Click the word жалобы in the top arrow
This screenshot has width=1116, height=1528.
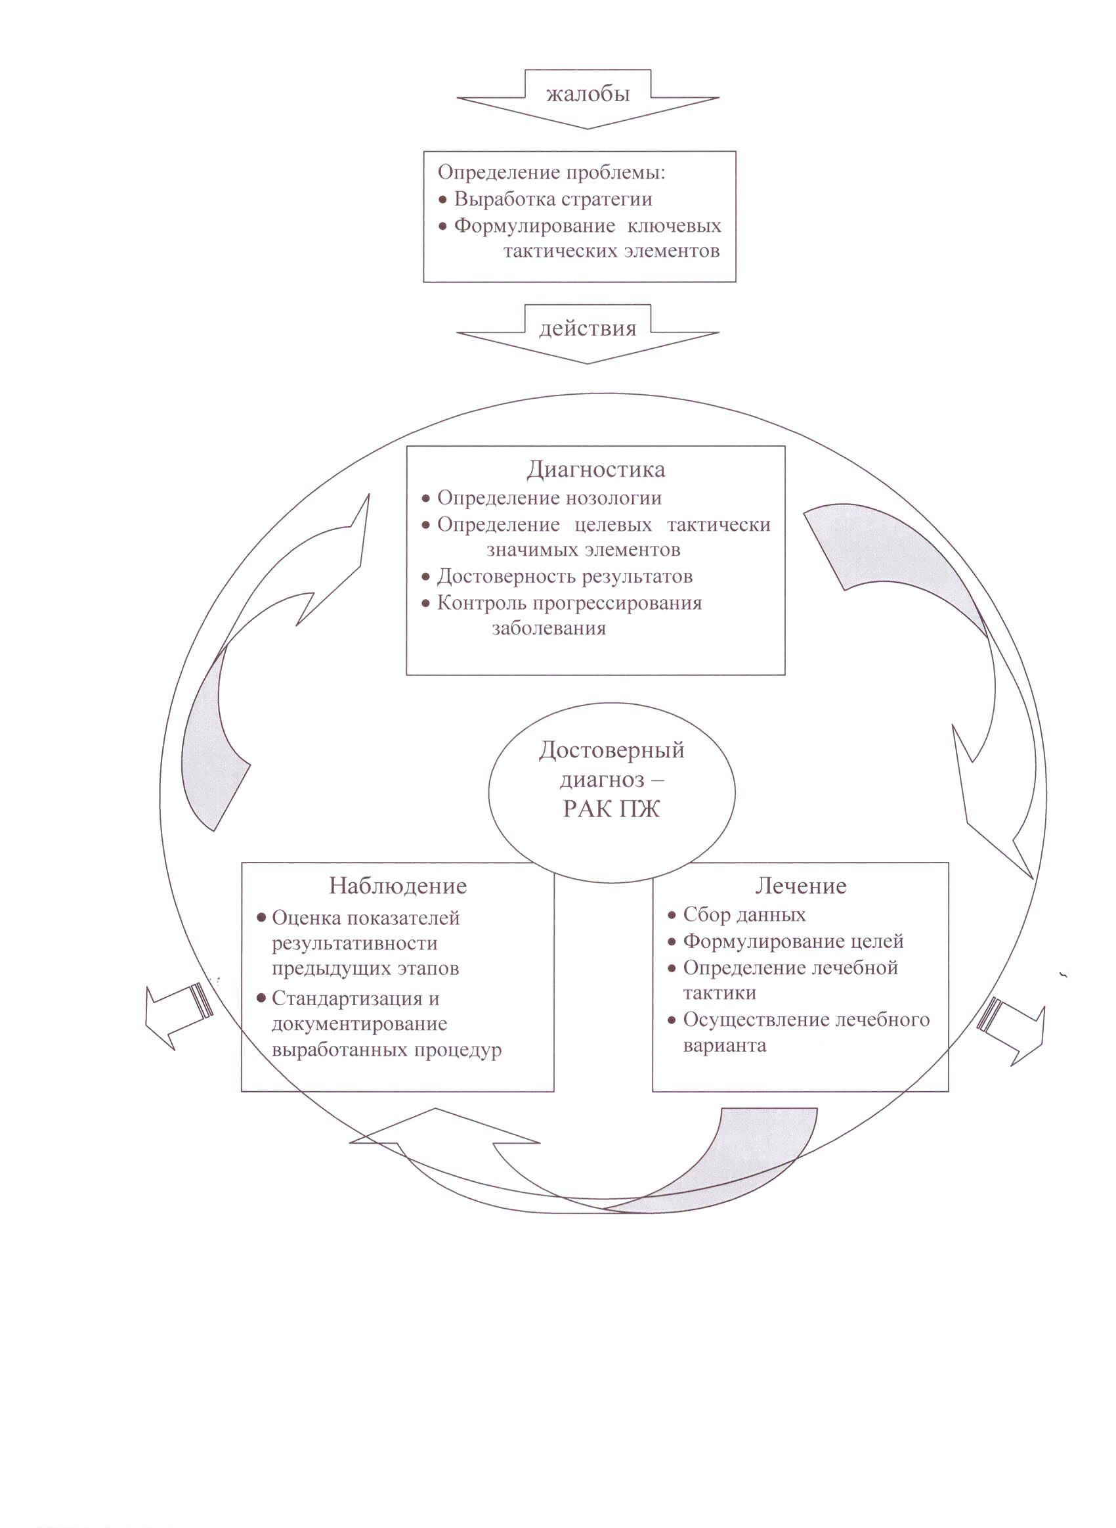(588, 94)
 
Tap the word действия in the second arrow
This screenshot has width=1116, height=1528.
(588, 328)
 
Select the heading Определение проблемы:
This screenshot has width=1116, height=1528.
(552, 172)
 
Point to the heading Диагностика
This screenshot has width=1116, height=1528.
(596, 469)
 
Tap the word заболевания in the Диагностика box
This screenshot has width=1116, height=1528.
(549, 629)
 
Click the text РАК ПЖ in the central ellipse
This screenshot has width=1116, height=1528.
(611, 809)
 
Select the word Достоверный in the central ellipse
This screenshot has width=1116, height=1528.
(612, 750)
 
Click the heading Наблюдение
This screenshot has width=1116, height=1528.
(398, 886)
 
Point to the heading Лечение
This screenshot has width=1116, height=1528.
(800, 886)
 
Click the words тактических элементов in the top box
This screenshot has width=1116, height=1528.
(611, 252)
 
